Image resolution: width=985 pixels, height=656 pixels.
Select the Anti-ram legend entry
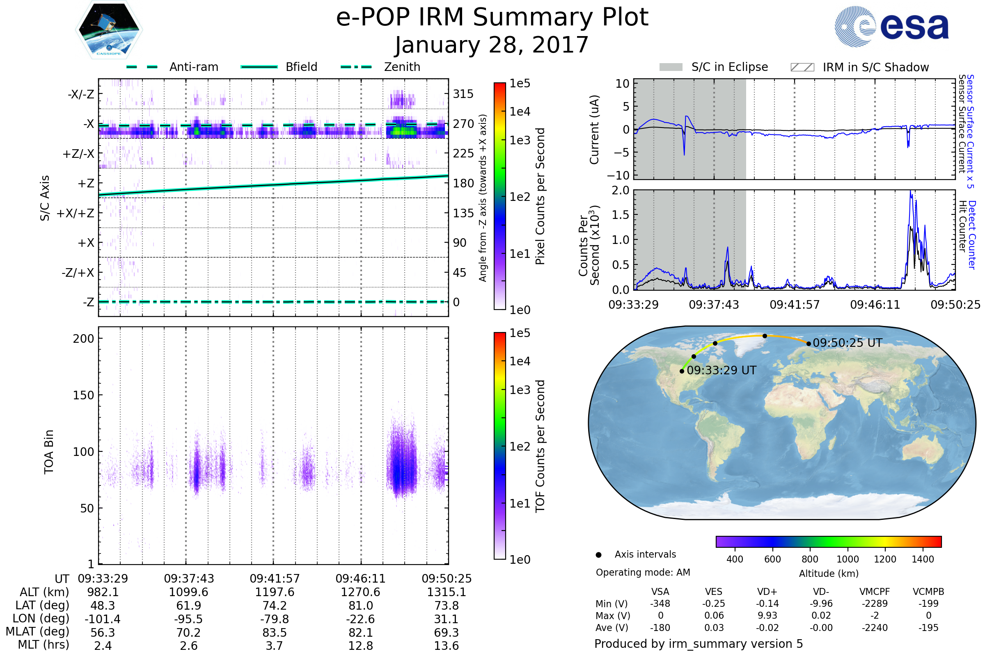click(172, 67)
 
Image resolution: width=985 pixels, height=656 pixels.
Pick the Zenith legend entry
click(380, 67)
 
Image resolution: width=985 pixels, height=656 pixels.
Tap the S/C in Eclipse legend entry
click(713, 67)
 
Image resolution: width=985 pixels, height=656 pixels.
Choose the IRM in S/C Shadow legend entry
click(859, 67)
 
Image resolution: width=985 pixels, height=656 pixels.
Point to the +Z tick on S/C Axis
click(86, 183)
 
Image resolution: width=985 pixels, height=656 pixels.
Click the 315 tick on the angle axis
click(463, 94)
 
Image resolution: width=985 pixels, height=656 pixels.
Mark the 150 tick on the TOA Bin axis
click(83, 395)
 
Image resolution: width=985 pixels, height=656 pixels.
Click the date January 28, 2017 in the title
click(492, 45)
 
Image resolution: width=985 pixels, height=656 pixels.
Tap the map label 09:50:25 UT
click(847, 343)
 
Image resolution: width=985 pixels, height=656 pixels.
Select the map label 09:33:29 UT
click(722, 371)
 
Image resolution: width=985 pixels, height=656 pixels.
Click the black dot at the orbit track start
click(682, 371)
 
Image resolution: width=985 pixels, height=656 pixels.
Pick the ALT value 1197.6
click(275, 592)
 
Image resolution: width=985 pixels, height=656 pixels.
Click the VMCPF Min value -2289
click(875, 604)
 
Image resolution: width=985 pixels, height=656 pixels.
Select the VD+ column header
click(767, 592)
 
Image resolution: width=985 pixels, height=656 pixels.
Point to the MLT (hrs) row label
click(43, 645)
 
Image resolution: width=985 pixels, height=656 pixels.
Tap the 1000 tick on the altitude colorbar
click(848, 559)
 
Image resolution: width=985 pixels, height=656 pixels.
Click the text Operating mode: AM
click(643, 572)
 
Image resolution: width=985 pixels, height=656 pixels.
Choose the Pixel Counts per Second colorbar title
click(540, 196)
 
